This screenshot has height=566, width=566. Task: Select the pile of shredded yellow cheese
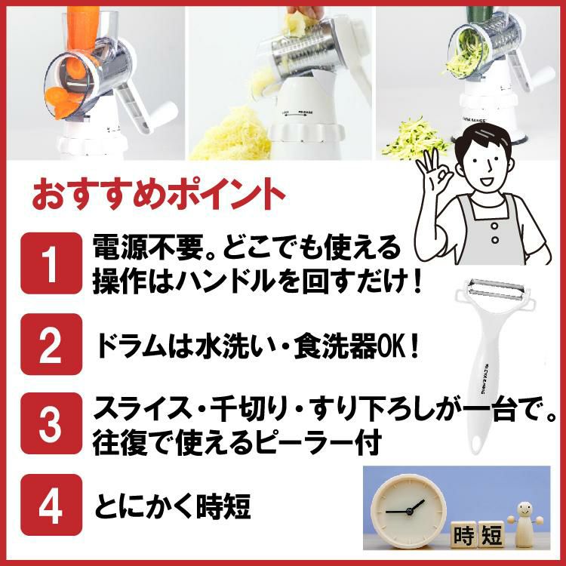[226, 132]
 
